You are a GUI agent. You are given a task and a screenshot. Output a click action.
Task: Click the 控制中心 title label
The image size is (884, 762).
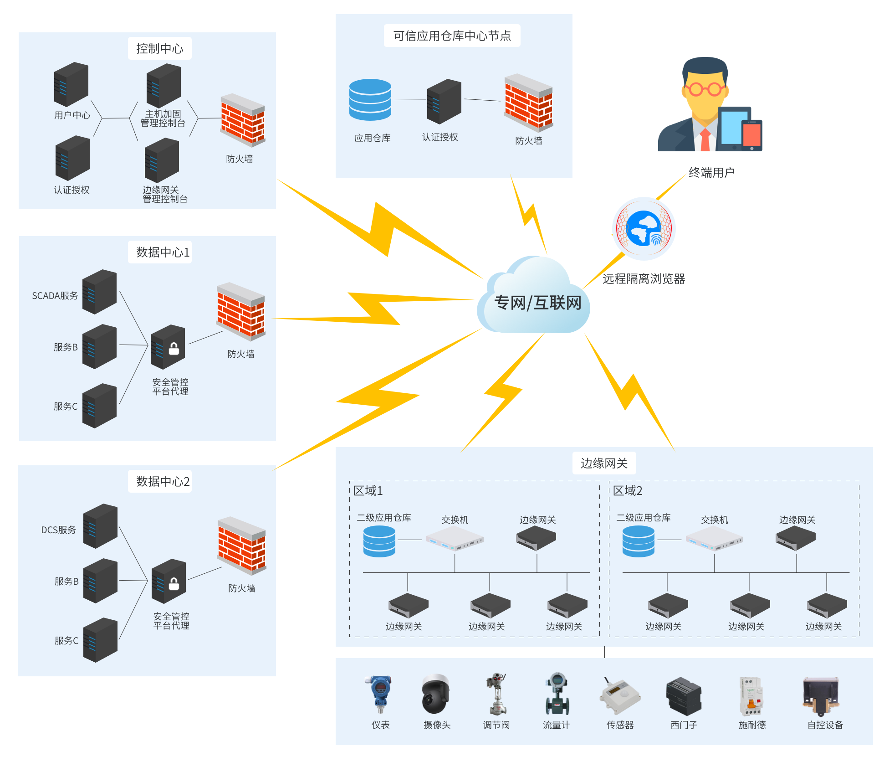coord(159,48)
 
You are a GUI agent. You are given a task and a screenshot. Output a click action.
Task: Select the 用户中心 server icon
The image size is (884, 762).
coord(71,84)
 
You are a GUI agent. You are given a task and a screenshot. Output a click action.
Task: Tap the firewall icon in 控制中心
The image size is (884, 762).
coord(242,120)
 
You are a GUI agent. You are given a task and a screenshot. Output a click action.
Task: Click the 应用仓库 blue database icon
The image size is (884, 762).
coord(370,100)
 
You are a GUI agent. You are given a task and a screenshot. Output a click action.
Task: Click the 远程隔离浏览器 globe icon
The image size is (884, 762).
coord(644,228)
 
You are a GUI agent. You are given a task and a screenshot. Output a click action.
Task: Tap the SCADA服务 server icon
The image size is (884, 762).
coord(99,292)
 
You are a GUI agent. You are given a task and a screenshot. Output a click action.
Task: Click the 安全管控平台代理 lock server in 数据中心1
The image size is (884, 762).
coord(168,347)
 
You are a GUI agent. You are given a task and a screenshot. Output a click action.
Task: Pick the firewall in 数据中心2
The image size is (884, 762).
coord(242,546)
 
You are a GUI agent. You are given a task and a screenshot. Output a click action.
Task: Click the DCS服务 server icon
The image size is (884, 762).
coord(100,526)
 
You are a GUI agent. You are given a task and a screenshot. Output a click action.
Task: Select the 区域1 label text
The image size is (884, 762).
coord(368,491)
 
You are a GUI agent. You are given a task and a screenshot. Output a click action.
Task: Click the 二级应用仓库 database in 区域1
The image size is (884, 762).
coord(379,541)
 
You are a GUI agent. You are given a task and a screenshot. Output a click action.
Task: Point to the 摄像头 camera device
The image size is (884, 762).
coord(436,694)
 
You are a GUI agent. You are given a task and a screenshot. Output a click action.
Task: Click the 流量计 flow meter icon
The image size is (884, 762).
coord(557,694)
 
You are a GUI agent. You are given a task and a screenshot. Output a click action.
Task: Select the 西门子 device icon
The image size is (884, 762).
coord(684,696)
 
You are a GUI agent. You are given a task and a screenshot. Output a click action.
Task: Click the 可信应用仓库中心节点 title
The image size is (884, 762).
coord(452,36)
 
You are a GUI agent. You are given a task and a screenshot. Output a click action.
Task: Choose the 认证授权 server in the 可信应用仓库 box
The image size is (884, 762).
coord(444,101)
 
